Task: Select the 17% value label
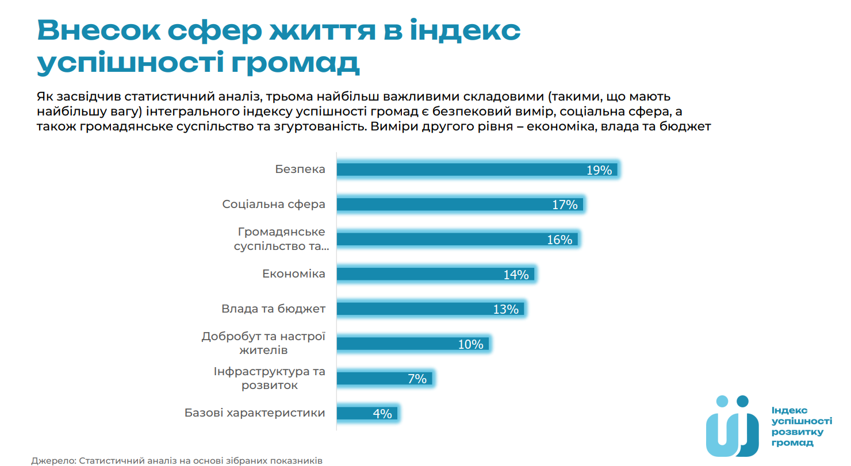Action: (x=565, y=205)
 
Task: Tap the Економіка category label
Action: (x=293, y=274)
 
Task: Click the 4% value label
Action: (x=382, y=414)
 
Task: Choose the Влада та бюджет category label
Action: (x=273, y=309)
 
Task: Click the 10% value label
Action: (x=470, y=344)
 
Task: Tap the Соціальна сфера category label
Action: (x=274, y=205)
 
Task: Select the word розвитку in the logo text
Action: (x=797, y=432)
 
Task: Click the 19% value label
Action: (x=599, y=170)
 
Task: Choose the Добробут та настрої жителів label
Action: (x=263, y=343)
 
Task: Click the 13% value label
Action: (x=505, y=309)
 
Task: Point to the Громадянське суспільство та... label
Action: (x=281, y=239)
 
